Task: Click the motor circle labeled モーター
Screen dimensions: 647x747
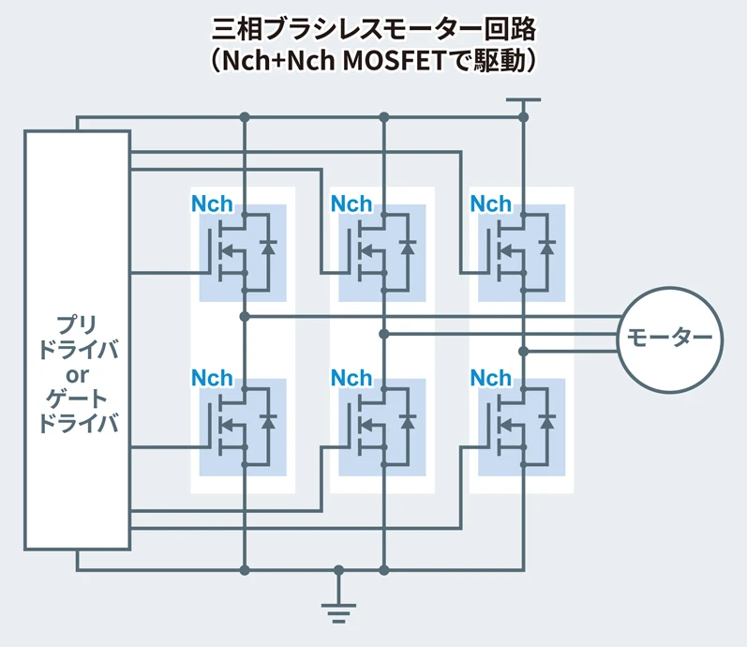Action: click(x=669, y=337)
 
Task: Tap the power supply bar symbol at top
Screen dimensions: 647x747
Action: click(x=523, y=99)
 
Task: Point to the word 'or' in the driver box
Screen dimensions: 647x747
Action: click(x=77, y=375)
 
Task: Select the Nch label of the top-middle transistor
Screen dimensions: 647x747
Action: click(x=351, y=204)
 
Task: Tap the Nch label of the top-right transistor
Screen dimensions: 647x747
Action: click(x=490, y=204)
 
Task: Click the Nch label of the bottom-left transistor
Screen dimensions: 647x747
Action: click(x=212, y=378)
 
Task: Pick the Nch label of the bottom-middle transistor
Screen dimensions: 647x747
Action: click(x=351, y=378)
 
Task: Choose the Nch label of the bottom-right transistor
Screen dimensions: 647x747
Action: click(x=490, y=378)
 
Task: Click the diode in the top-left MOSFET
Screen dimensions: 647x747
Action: click(x=269, y=248)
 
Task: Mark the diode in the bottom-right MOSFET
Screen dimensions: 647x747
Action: click(x=547, y=422)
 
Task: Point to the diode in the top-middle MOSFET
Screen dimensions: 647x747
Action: click(x=408, y=248)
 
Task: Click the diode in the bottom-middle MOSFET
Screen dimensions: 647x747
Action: click(x=408, y=422)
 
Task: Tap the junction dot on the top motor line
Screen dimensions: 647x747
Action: click(x=245, y=316)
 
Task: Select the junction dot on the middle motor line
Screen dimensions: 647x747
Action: click(x=384, y=334)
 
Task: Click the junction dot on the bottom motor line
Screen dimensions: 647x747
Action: click(x=523, y=352)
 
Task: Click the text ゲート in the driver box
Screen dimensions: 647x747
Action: click(x=77, y=399)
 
